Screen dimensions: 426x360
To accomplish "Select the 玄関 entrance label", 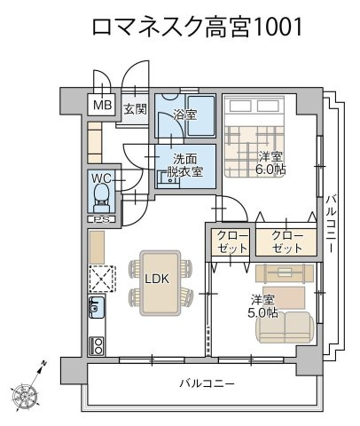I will point(135,110).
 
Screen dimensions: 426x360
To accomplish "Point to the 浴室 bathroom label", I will point(184,114).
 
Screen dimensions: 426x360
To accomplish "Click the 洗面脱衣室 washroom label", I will point(185,165).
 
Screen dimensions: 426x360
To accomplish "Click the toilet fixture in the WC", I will point(101,195).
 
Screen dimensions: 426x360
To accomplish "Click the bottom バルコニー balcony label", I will point(207,384).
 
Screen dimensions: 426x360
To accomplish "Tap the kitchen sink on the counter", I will point(96,310).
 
